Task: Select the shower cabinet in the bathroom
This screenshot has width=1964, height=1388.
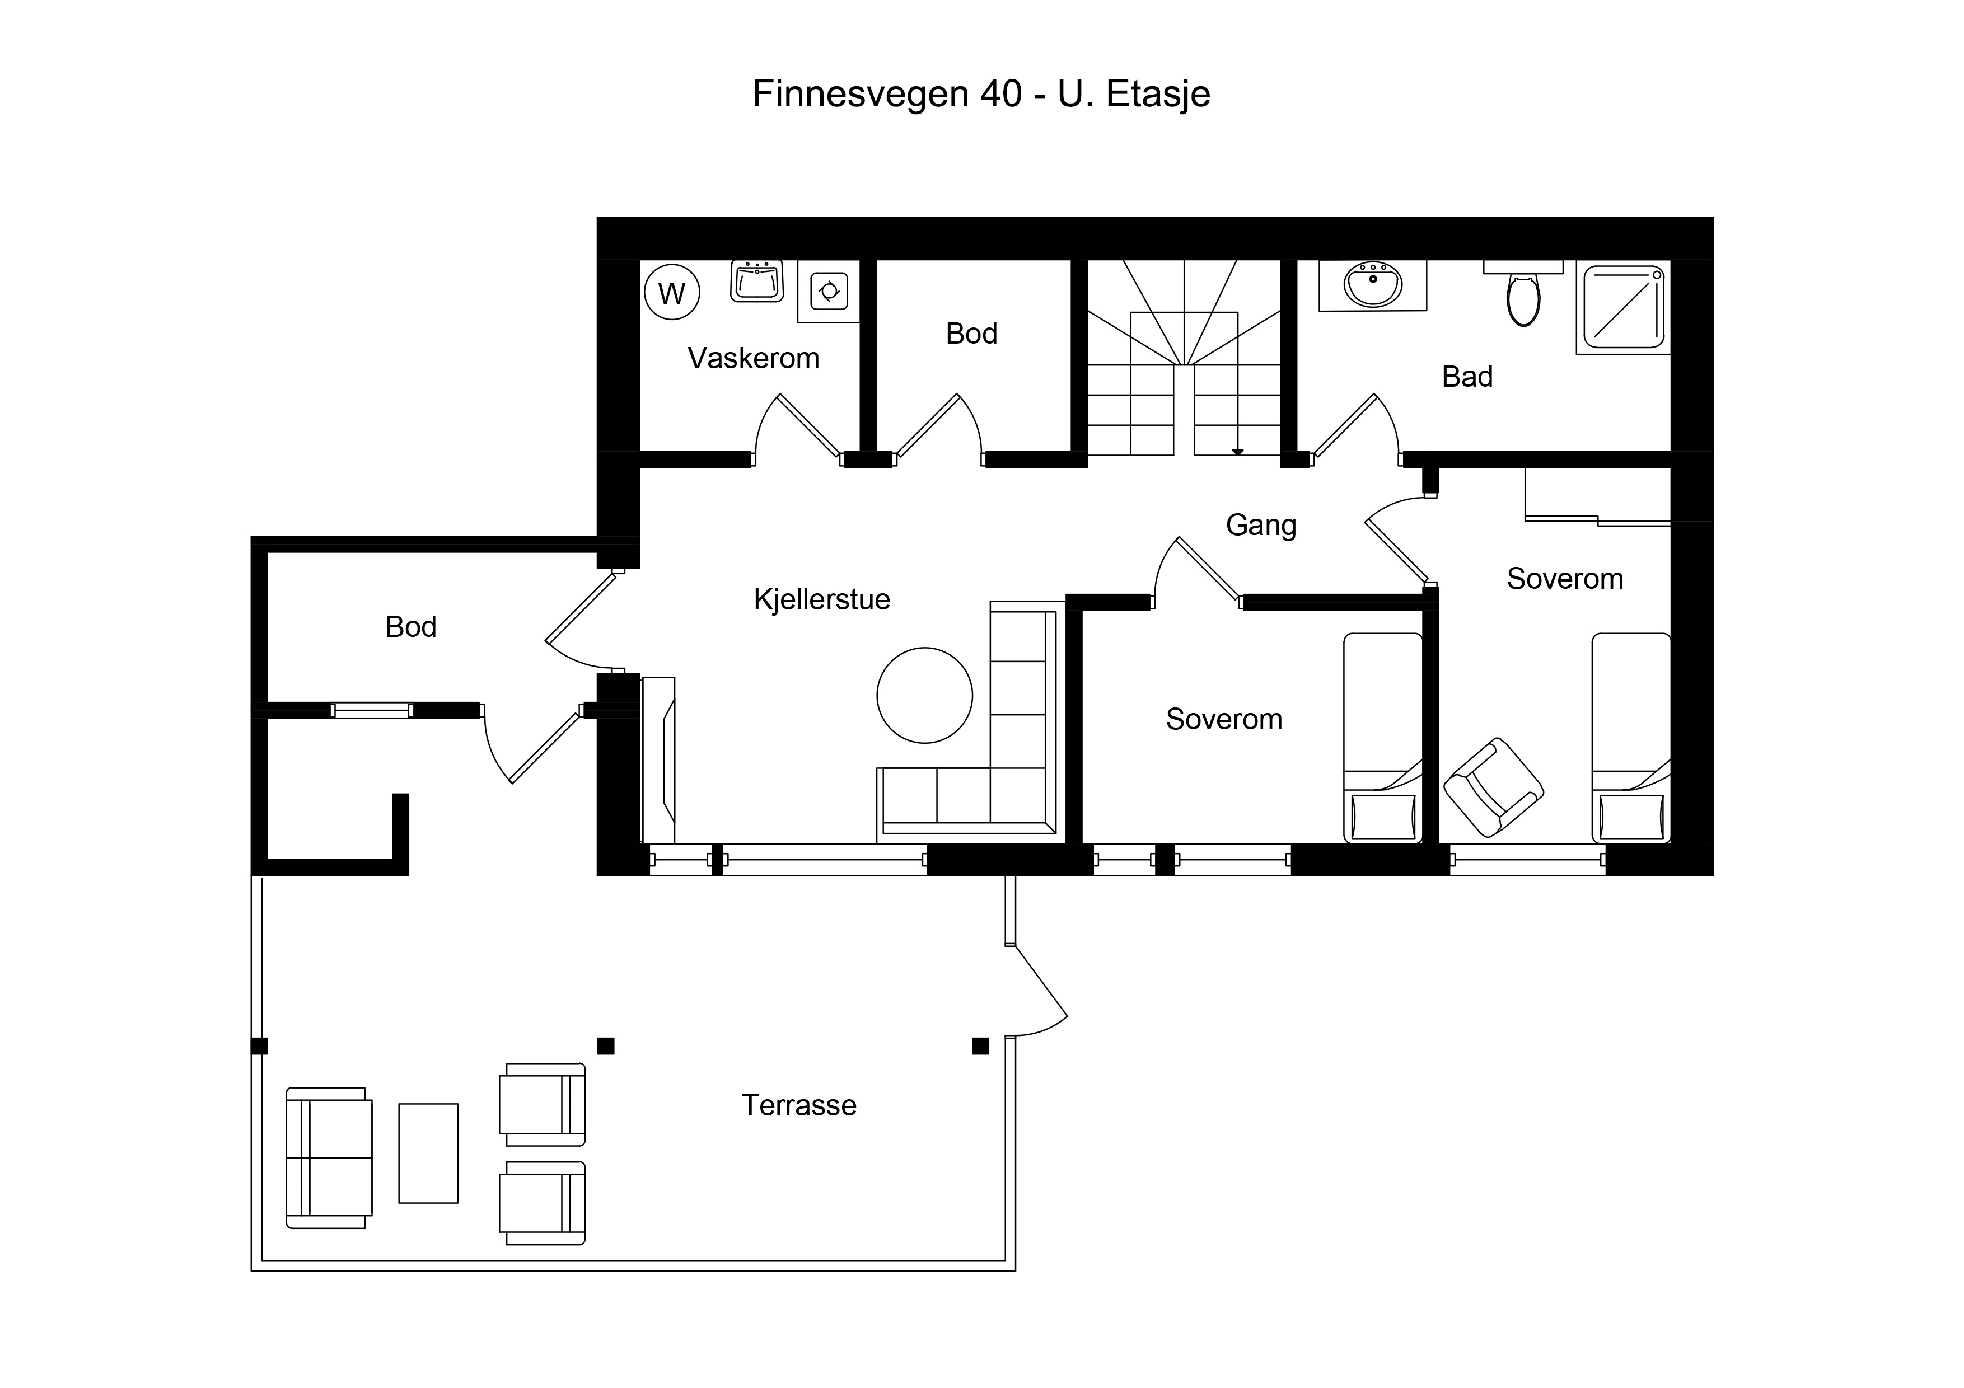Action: pyautogui.click(x=1624, y=308)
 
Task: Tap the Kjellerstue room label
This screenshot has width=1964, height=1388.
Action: pyautogui.click(x=821, y=599)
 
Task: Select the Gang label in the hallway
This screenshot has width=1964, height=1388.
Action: pyautogui.click(x=1261, y=525)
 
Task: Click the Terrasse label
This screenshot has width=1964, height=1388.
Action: pyautogui.click(x=798, y=1106)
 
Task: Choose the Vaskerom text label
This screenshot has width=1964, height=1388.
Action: pyautogui.click(x=753, y=358)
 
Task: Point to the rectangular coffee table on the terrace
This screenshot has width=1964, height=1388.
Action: pyautogui.click(x=428, y=1153)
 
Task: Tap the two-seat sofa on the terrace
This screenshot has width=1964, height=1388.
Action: pyautogui.click(x=329, y=1158)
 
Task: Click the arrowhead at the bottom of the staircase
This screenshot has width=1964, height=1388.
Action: pyautogui.click(x=1237, y=452)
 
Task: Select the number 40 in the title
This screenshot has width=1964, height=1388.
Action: pyautogui.click(x=1002, y=94)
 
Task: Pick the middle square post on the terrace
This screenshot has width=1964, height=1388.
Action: pyautogui.click(x=606, y=1046)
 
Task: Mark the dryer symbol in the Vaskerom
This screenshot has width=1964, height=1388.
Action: pyautogui.click(x=829, y=291)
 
